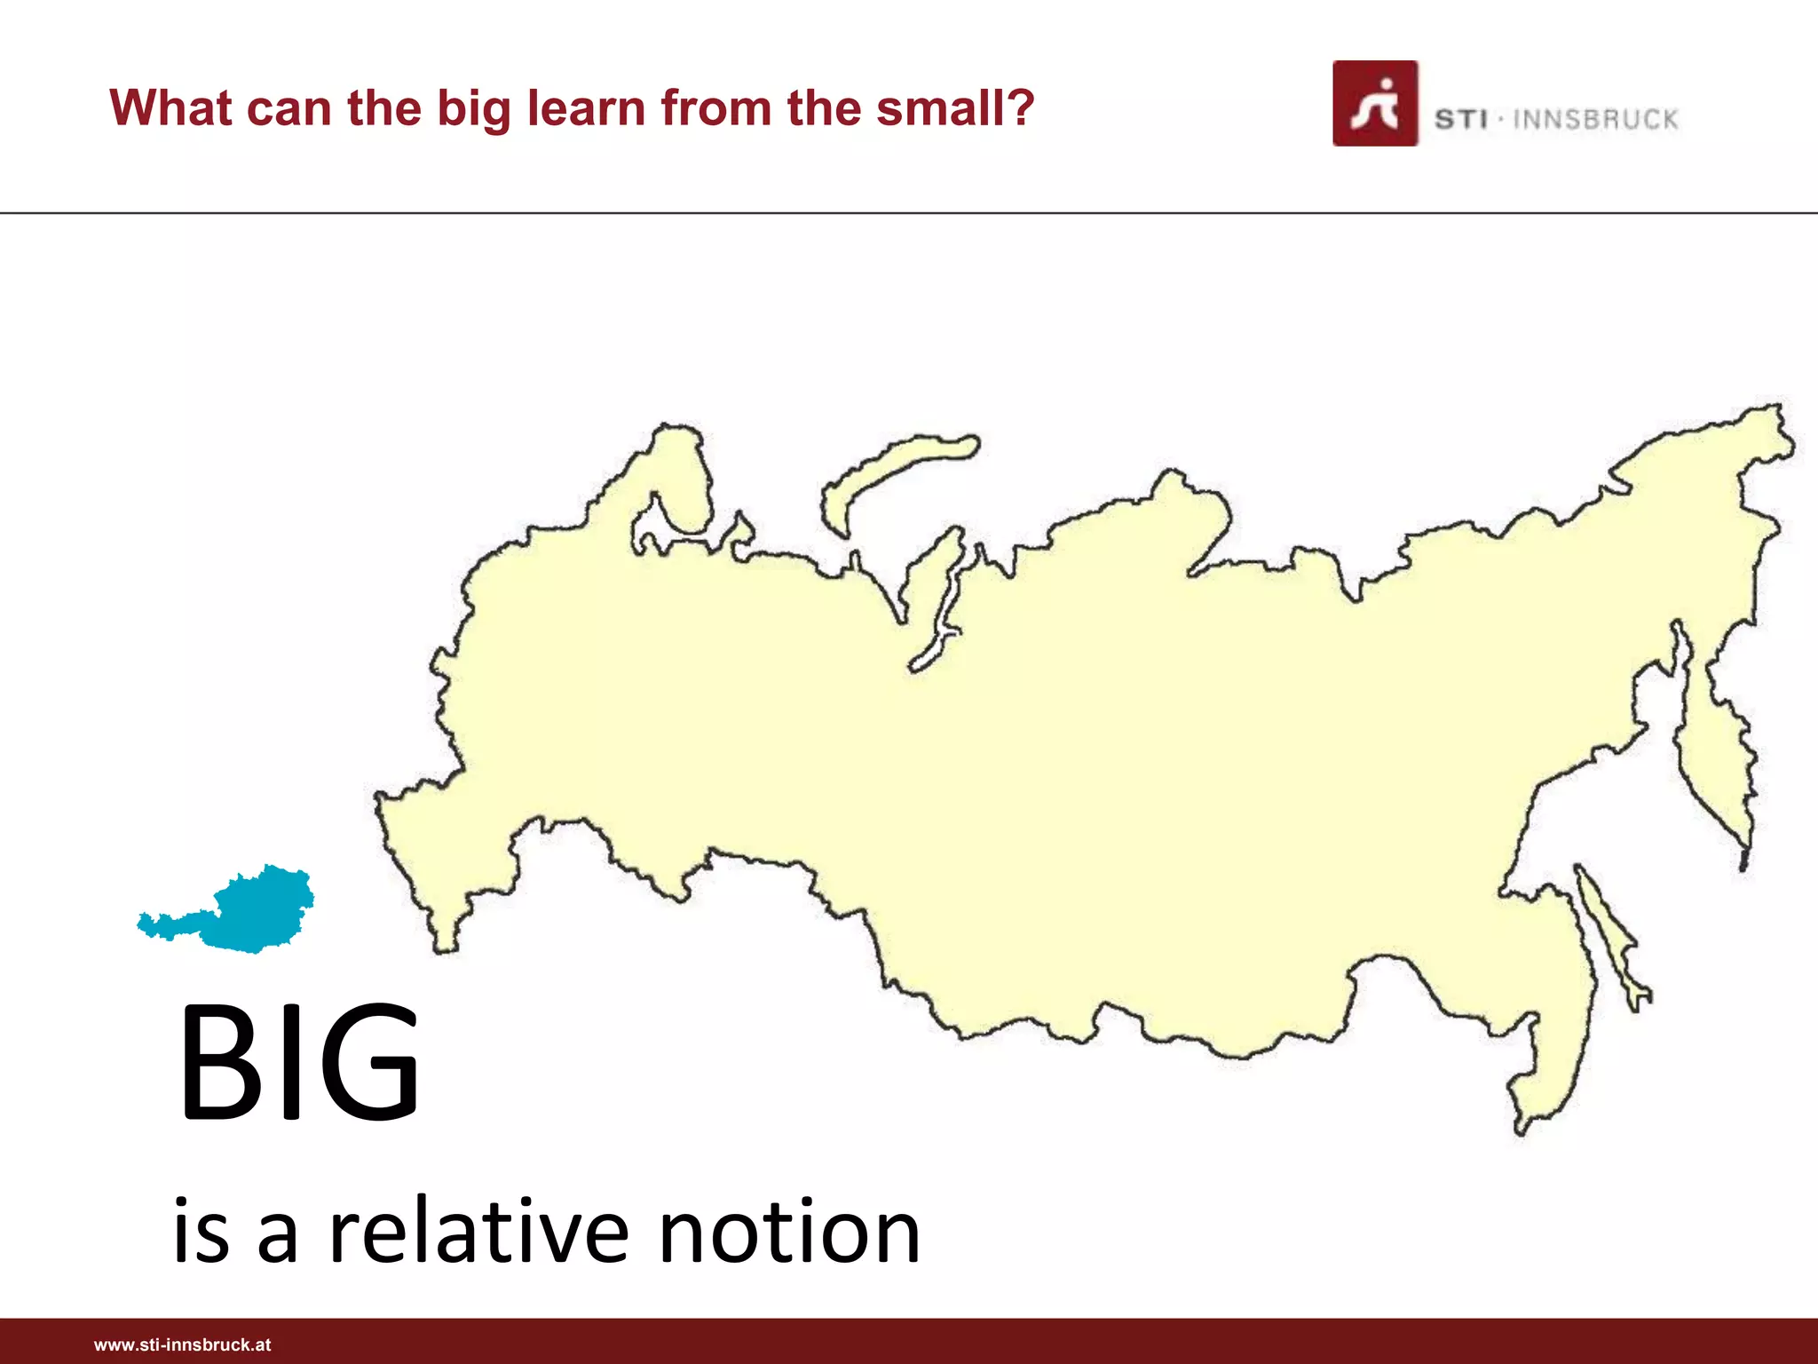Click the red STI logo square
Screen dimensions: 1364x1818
pyautogui.click(x=1374, y=103)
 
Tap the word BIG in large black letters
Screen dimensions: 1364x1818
pyautogui.click(x=298, y=1061)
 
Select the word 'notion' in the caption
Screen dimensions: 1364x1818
pyautogui.click(x=789, y=1232)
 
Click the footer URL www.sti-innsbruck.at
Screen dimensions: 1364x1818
pyautogui.click(x=182, y=1344)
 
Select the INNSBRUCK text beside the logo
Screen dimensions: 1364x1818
pyautogui.click(x=1595, y=120)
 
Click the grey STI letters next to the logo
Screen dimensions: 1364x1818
pyautogui.click(x=1460, y=120)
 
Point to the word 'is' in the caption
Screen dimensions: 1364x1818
pyautogui.click(x=201, y=1232)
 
